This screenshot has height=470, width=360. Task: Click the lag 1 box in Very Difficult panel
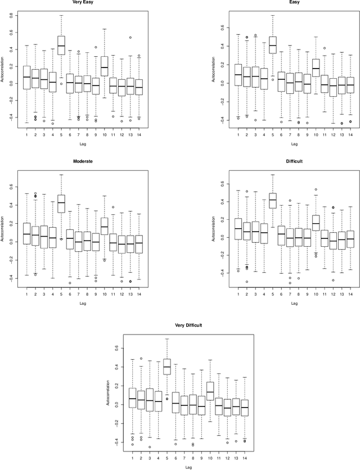pos(133,399)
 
